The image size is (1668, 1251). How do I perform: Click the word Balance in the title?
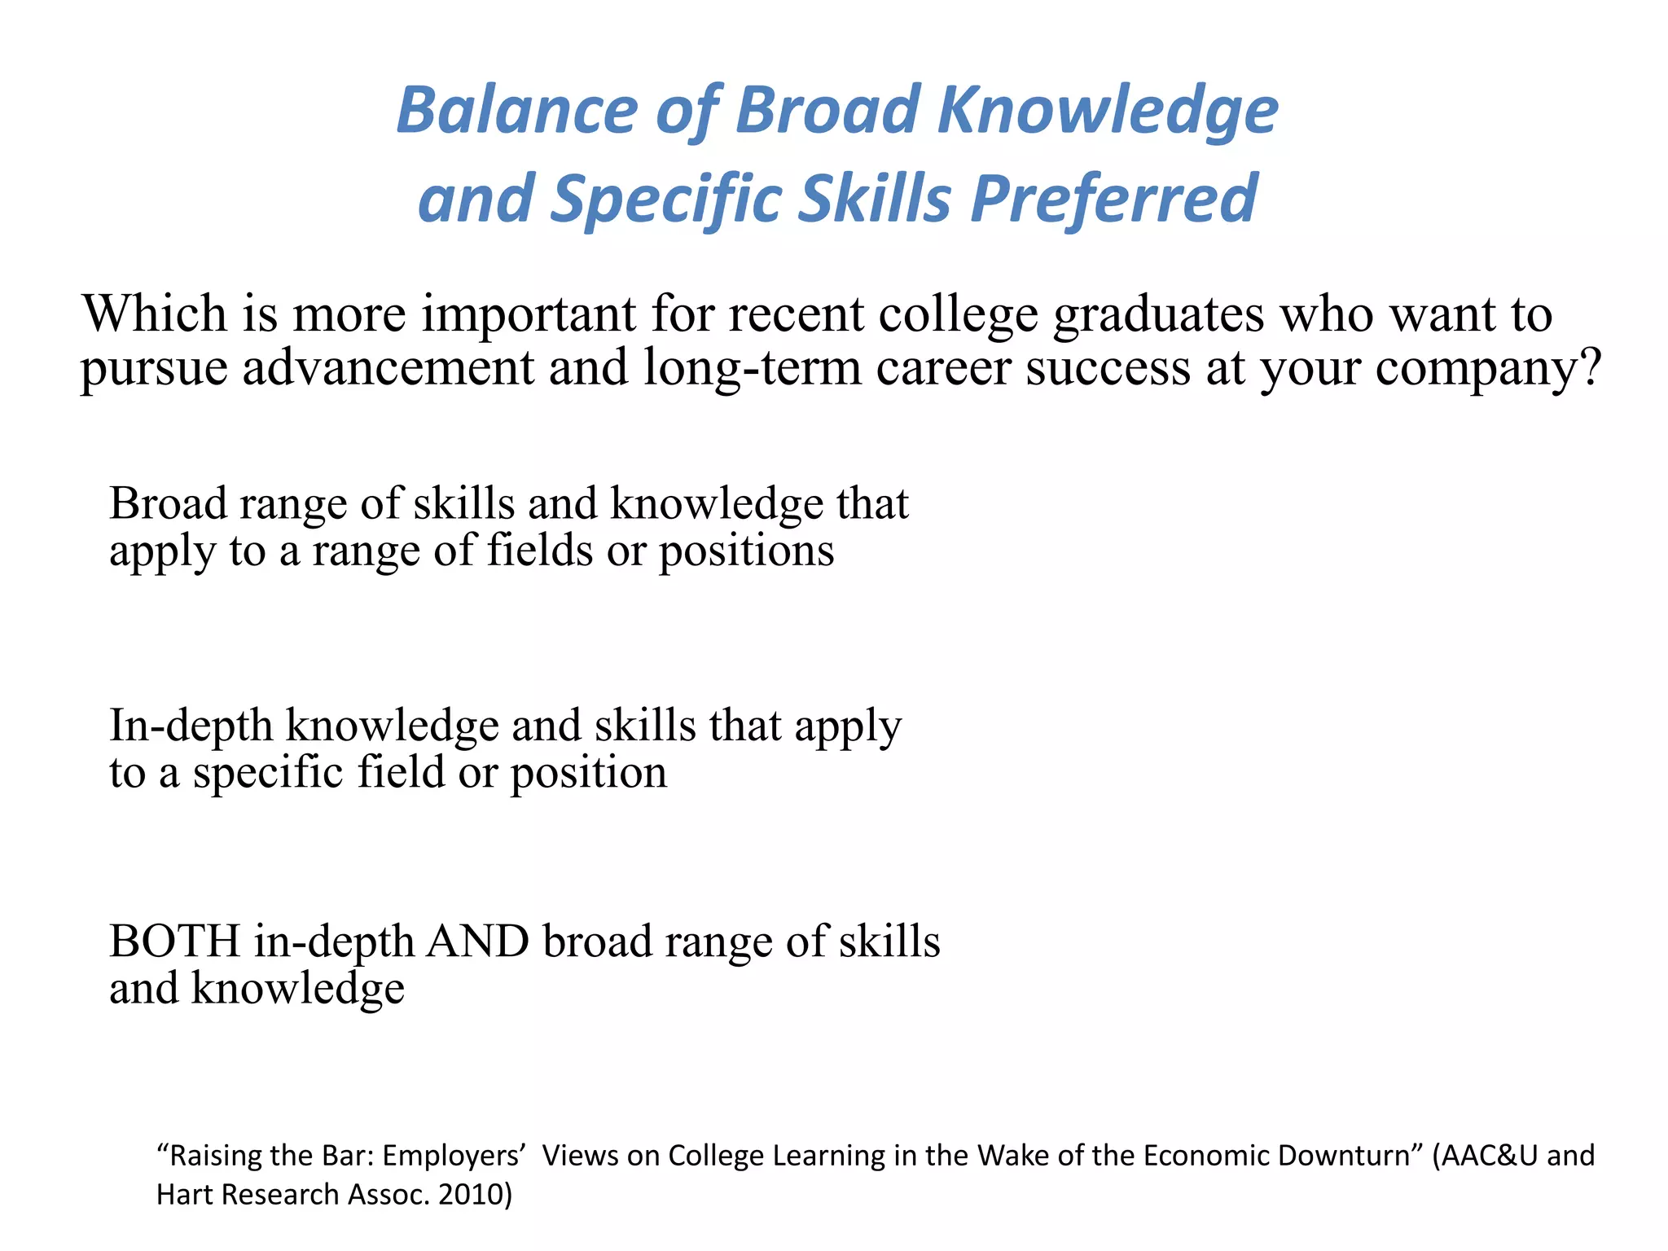(x=516, y=111)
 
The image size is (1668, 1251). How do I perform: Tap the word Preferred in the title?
(x=1113, y=200)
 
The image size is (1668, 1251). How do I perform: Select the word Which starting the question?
(x=155, y=314)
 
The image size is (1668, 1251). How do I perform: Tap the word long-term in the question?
(x=752, y=369)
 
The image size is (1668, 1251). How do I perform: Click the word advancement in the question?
(x=388, y=367)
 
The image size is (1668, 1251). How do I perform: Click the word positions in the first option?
(x=746, y=552)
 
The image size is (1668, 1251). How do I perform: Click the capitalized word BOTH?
(x=174, y=942)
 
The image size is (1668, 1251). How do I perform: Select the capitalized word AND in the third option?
(x=478, y=942)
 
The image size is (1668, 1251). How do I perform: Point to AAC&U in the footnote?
(x=1490, y=1156)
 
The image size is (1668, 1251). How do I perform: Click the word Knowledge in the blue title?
(x=1107, y=111)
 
